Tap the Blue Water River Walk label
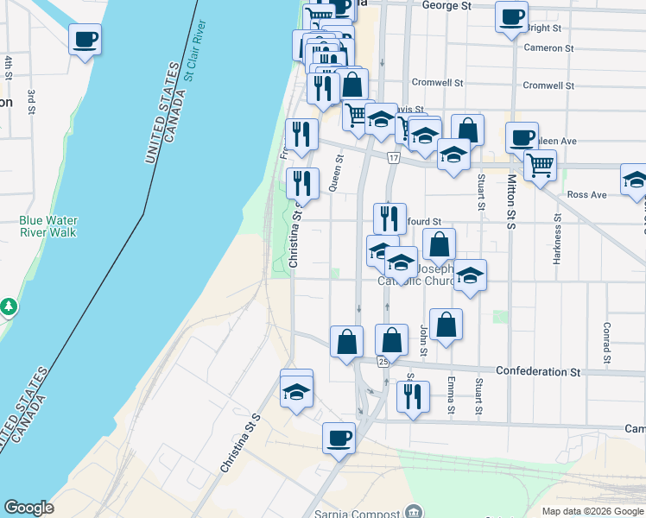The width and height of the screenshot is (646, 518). point(47,226)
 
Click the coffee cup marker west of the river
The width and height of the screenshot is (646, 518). point(85,39)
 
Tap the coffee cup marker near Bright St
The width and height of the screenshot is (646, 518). point(511,17)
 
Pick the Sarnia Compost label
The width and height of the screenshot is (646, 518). point(360,511)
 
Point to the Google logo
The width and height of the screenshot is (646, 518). point(28,508)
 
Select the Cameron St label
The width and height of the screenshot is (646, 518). point(548,47)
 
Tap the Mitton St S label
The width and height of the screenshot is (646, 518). point(511,201)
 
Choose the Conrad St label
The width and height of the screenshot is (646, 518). point(607,343)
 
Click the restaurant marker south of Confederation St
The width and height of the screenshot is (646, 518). point(412,396)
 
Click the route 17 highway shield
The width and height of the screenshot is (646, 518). point(394,158)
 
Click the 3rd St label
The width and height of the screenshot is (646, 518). point(31,101)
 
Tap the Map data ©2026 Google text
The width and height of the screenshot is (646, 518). point(592,511)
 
